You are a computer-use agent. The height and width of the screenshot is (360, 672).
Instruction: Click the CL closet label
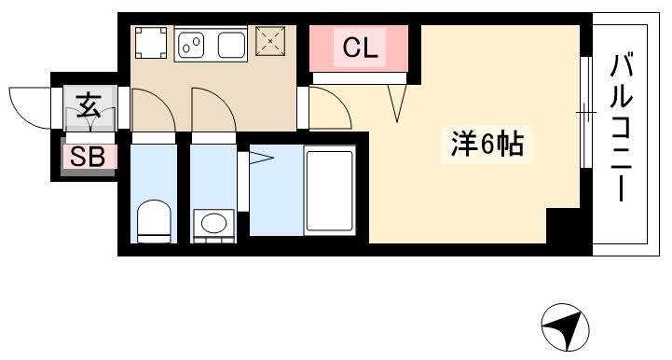coord(360,48)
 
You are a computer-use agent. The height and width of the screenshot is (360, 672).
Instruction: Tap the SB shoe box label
coord(88,157)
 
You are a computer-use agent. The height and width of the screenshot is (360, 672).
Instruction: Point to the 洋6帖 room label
coord(487,145)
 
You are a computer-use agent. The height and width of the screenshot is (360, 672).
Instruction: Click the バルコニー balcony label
coord(622,128)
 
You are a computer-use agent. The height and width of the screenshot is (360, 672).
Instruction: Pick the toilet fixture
coord(154,221)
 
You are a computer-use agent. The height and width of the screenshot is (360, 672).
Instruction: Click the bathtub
coord(330,190)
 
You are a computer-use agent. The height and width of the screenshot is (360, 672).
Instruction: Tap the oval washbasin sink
coord(213,224)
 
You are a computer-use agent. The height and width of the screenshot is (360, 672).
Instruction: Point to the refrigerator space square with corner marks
coord(151,43)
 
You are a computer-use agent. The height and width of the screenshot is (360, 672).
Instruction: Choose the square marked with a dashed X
coord(270,41)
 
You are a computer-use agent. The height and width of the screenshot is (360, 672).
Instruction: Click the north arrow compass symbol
coord(565,327)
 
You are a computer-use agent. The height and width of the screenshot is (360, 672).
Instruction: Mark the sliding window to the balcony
coord(586,113)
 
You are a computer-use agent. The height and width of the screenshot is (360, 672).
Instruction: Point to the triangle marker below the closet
coord(397,103)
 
